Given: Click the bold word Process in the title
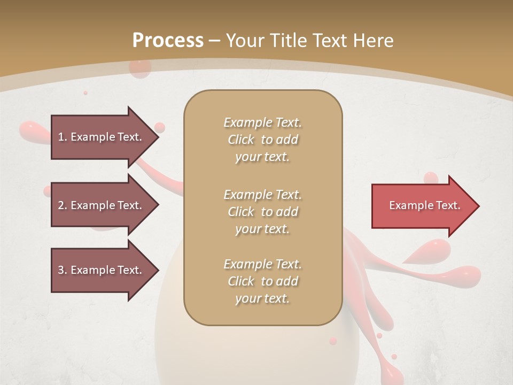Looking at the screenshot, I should coord(168,40).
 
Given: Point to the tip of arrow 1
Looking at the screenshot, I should coord(157,137).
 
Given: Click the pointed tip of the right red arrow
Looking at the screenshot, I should coord(478,206).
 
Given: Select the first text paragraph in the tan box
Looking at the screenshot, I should coord(262,140).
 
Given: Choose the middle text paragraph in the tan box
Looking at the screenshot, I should coord(262,212).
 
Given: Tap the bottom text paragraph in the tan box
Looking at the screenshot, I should coord(262,281).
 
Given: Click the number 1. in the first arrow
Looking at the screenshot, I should coord(63,137).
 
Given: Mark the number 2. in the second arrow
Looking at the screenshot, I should coord(63,205).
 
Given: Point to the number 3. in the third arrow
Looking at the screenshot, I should coord(63,270).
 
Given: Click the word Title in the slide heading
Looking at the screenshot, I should coord(290,40).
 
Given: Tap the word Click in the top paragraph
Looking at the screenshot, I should coord(241,140).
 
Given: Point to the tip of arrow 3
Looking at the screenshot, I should coord(157,270).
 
